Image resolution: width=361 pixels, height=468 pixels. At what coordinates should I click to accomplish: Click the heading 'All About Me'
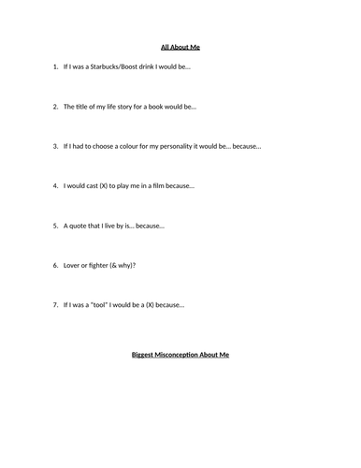[180, 46]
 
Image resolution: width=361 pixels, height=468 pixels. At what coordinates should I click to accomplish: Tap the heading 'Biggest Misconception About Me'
[180, 356]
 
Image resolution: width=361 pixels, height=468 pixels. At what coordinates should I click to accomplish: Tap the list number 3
[54, 146]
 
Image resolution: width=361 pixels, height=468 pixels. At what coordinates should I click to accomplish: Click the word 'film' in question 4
[161, 185]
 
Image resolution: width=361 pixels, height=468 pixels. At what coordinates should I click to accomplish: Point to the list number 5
[54, 226]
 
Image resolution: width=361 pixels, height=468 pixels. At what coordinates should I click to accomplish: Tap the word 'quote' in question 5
[78, 226]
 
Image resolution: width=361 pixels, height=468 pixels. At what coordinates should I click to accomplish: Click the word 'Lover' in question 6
[73, 265]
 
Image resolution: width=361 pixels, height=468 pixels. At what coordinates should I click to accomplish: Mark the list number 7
[54, 304]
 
